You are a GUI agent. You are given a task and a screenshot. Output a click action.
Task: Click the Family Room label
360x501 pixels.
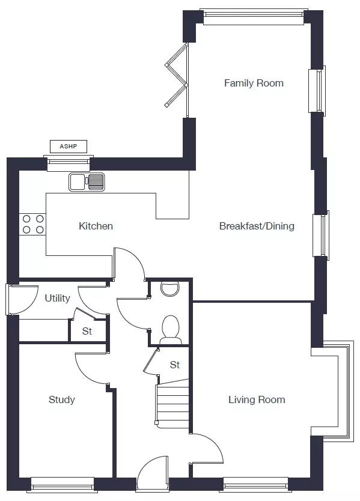254,83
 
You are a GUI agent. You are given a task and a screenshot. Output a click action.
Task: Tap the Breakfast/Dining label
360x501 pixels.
257,226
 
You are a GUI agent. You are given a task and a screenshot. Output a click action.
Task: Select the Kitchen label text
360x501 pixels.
96,226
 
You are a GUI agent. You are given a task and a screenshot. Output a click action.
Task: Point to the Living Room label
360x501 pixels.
257,399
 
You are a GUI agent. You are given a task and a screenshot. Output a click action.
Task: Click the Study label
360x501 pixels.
62,399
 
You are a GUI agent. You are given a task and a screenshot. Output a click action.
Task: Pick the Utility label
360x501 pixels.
57,298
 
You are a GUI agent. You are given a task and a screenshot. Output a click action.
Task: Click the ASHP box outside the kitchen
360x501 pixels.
69,147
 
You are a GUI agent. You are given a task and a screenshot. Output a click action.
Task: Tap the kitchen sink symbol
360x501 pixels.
87,182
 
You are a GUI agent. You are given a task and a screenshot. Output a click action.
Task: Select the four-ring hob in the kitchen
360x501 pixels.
32,224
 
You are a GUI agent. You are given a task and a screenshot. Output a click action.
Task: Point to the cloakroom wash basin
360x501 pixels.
169,288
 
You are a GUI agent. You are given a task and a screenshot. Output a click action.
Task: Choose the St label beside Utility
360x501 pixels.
87,331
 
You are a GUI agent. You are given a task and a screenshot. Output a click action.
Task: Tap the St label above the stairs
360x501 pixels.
174,365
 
